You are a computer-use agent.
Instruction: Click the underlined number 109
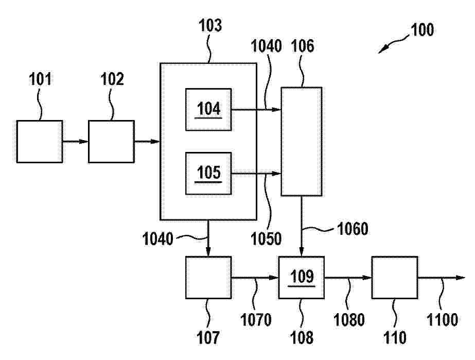302,276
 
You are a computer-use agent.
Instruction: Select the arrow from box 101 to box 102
76,142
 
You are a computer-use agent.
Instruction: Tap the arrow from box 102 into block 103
147,142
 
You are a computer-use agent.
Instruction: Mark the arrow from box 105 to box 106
256,174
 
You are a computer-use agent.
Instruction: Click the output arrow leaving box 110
442,278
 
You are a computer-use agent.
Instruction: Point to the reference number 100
422,30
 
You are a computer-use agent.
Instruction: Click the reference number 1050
266,238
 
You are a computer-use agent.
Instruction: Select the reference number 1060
353,229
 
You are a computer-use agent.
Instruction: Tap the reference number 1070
256,320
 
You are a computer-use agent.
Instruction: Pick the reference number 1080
349,320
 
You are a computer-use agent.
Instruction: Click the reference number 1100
442,320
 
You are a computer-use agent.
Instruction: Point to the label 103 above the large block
210,25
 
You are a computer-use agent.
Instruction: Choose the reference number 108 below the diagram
302,337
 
